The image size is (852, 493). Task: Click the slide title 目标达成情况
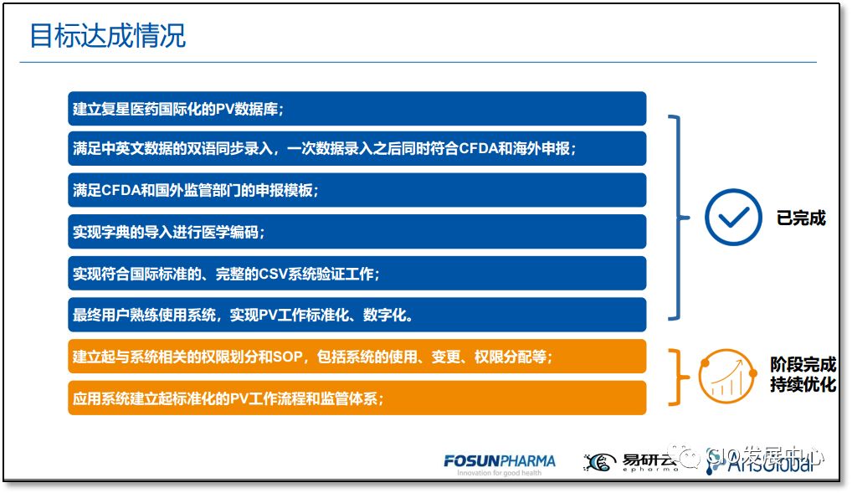coord(108,36)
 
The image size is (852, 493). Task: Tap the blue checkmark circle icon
coord(733,218)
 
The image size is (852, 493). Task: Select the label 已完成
coord(801,218)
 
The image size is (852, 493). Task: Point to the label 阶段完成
coord(803,366)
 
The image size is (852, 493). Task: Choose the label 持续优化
coord(803,386)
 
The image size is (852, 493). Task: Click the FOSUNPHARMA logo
coord(500,460)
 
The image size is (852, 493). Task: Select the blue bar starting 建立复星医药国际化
coord(357,109)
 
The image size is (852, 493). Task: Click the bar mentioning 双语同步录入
coord(357,149)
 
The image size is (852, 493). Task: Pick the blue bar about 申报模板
coord(357,190)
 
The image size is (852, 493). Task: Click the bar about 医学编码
coord(357,232)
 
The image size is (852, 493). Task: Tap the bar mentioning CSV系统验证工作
coord(357,274)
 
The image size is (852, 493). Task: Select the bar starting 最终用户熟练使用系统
coord(357,315)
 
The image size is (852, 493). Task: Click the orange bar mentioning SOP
coord(357,357)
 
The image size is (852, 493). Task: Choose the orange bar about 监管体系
coord(357,398)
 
